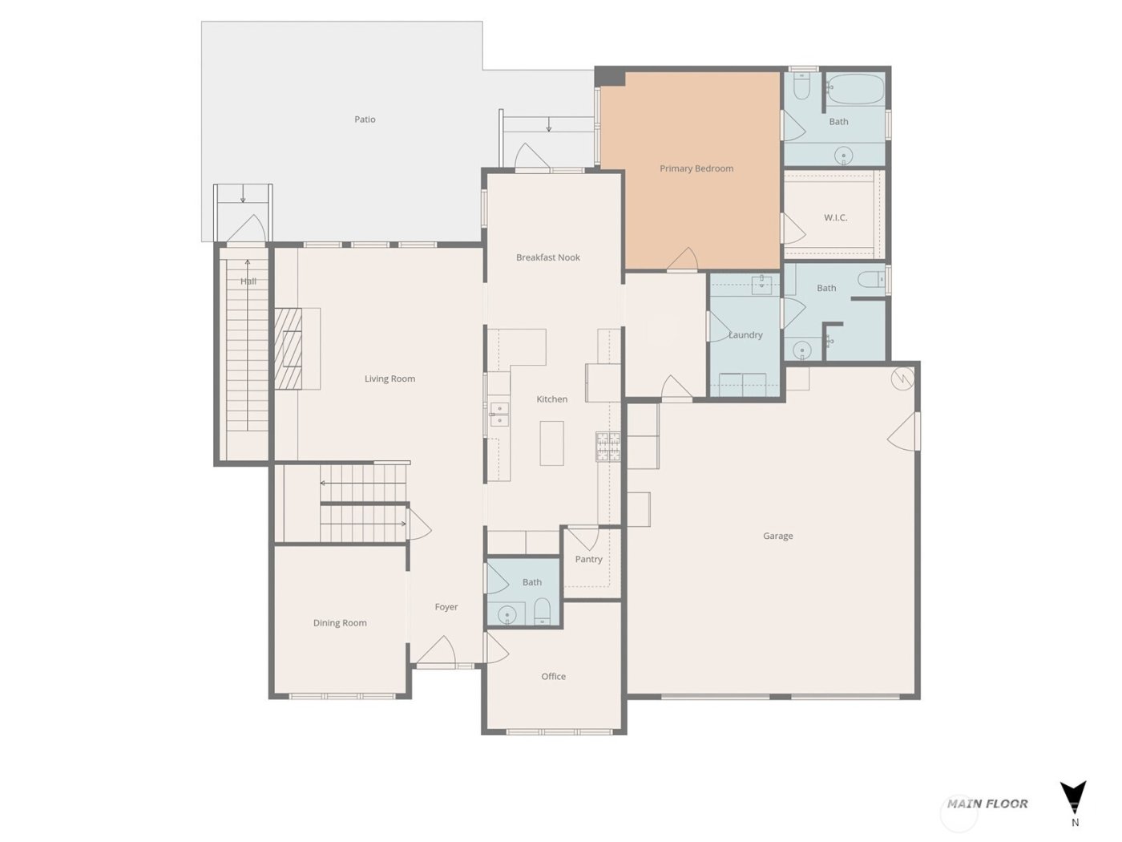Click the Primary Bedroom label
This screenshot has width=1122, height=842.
pos(696,168)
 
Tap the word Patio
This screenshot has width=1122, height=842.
pos(365,119)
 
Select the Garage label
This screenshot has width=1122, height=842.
pos(777,536)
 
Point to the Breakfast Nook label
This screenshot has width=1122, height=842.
pos(547,257)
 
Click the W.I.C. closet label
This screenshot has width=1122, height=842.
pos(835,217)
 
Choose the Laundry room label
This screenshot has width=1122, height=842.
pos(745,335)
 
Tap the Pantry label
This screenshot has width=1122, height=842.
pos(588,559)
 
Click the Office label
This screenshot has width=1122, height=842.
pos(553,676)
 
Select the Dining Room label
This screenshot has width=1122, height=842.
pos(340,622)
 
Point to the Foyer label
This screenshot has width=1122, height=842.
pos(446,607)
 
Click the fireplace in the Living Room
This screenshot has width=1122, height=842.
pos(289,349)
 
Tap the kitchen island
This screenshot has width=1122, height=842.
pos(551,443)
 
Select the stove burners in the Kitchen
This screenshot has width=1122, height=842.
pos(607,447)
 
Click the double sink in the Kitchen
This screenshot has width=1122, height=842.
pos(499,414)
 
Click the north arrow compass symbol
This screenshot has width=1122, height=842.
pos(1073,797)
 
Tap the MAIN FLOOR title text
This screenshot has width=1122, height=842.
pos(987,804)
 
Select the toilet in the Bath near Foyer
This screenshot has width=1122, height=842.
pos(543,611)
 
